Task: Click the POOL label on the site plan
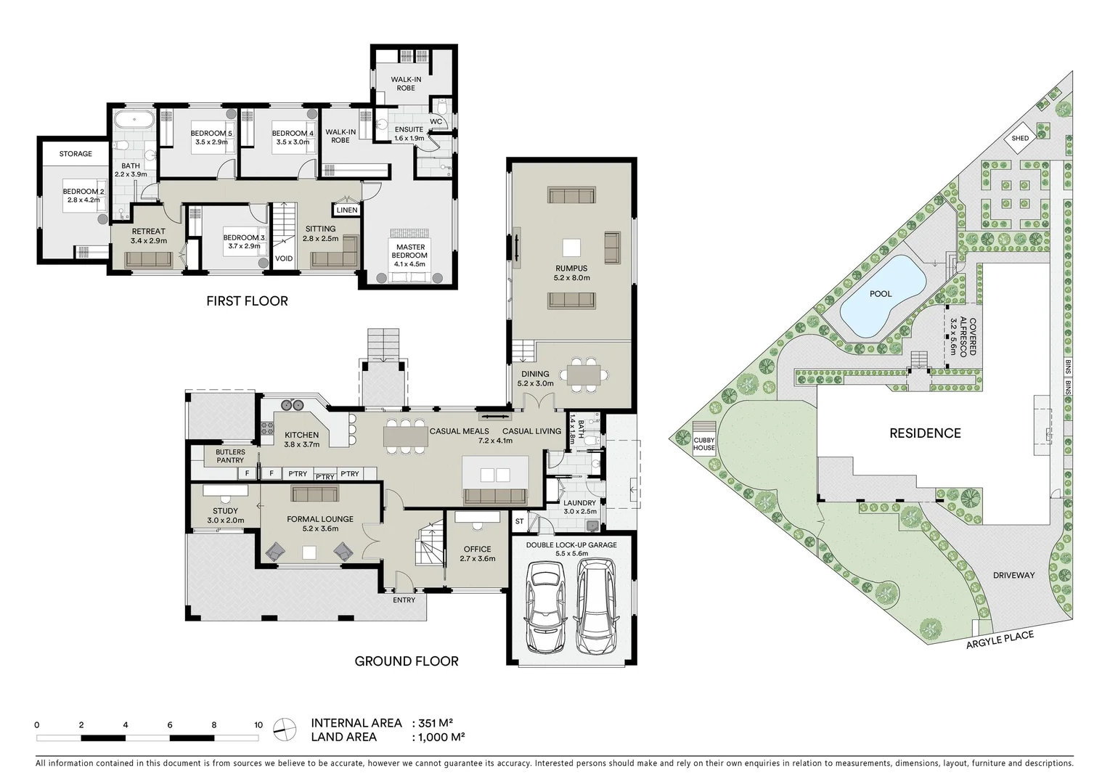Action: [x=881, y=294]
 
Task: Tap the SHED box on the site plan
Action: [x=1020, y=139]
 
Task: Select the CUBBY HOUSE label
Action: [x=704, y=444]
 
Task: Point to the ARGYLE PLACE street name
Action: [x=1000, y=640]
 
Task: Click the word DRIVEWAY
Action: [x=1013, y=576]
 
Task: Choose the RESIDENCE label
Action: [x=925, y=433]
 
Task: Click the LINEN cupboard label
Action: [x=347, y=211]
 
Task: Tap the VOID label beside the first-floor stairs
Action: [x=284, y=258]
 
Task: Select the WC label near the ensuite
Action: [x=436, y=121]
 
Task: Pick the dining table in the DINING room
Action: [x=588, y=374]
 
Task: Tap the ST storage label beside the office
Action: [x=519, y=521]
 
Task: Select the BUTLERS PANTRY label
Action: [x=230, y=456]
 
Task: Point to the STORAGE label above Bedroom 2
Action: [x=76, y=154]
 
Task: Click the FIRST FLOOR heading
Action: [x=247, y=301]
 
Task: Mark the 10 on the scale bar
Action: [x=258, y=724]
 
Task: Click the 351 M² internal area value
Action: [x=435, y=723]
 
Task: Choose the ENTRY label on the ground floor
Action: [x=404, y=600]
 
